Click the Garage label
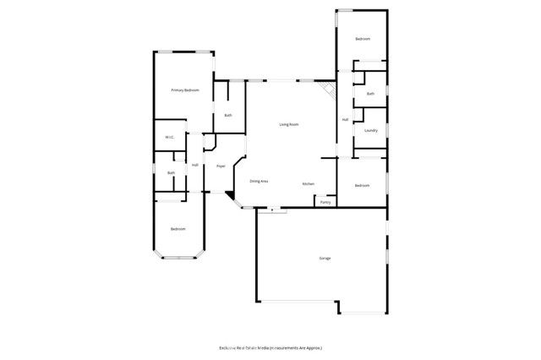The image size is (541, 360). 325,258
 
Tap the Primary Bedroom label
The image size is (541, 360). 185,90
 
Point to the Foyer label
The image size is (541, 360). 221,166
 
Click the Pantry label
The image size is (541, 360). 325,202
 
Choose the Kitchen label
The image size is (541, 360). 309,184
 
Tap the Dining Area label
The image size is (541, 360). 259,181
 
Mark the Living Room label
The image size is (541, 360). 289,124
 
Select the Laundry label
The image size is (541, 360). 370,130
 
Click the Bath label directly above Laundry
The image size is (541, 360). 370,94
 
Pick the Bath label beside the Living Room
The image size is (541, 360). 227,115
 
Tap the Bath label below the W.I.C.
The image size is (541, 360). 171,173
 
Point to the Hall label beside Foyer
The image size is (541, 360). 194,165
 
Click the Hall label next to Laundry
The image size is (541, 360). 345,120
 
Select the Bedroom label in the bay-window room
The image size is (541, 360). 178,229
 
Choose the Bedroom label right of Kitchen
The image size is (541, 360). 362,185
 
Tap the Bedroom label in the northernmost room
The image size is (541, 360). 363,39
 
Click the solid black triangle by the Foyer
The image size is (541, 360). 229,196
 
